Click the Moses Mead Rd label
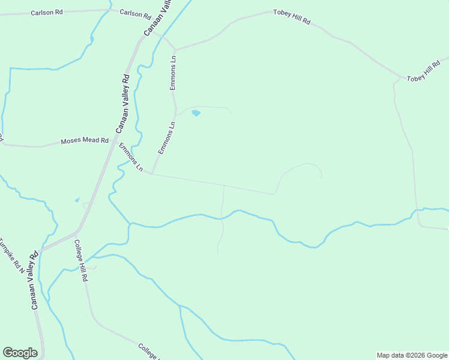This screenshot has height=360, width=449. click(x=85, y=142)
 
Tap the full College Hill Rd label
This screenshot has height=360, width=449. click(x=82, y=261)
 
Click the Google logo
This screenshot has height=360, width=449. click(x=20, y=353)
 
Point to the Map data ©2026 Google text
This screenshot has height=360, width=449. click(x=412, y=355)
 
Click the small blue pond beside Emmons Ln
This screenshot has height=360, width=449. click(x=196, y=113)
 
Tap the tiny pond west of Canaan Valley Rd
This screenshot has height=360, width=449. click(x=77, y=200)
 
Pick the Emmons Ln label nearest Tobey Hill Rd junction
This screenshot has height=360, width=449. click(x=173, y=73)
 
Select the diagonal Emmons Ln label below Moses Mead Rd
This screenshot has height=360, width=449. click(x=131, y=158)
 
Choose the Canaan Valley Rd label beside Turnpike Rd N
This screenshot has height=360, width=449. click(x=34, y=280)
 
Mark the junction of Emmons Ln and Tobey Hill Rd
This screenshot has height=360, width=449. click(x=175, y=50)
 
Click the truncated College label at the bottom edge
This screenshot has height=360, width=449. click(x=148, y=350)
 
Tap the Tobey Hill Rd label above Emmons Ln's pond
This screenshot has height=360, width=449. click(x=291, y=17)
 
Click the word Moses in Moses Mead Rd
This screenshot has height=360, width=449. click(x=70, y=142)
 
